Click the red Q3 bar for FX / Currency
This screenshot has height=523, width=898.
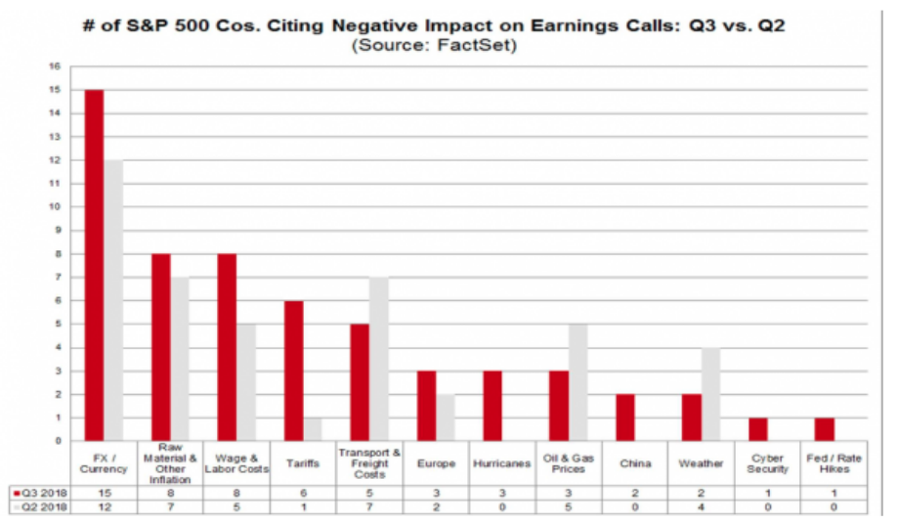pyautogui.click(x=95, y=265)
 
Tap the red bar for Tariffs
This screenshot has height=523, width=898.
pyautogui.click(x=294, y=370)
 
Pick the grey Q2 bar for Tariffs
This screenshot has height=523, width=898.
pyautogui.click(x=314, y=429)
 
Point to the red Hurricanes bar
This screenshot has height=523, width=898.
pyautogui.click(x=492, y=406)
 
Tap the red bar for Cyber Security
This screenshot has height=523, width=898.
pyautogui.click(x=758, y=429)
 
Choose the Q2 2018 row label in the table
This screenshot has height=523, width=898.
pyautogui.click(x=38, y=505)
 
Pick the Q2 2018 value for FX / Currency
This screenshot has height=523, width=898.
pyautogui.click(x=105, y=505)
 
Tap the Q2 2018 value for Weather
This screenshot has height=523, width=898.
pyautogui.click(x=701, y=505)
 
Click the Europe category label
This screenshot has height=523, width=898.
pyautogui.click(x=436, y=462)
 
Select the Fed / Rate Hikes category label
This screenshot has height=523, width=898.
pyautogui.click(x=834, y=462)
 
